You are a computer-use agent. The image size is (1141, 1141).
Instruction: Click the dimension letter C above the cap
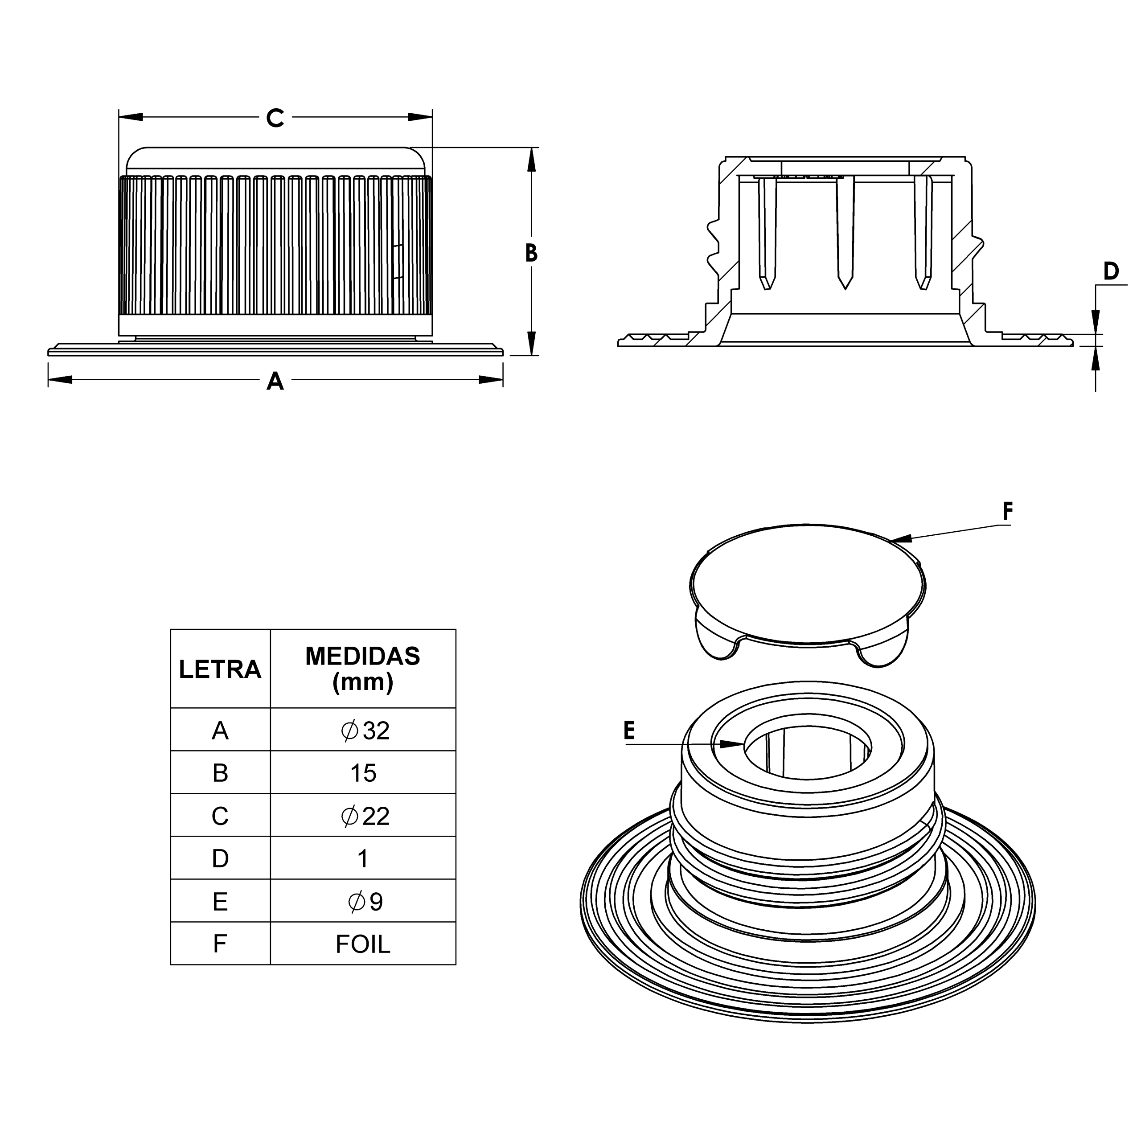275,118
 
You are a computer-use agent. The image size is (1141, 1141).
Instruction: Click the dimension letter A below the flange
275,382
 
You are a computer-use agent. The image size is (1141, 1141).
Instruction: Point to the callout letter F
1008,511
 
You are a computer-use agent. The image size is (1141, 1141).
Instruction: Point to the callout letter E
630,731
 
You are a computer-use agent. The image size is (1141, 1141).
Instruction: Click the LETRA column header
220,669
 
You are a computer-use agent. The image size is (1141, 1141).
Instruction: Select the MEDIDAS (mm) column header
363,669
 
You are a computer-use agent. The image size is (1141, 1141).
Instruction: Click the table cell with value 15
363,773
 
